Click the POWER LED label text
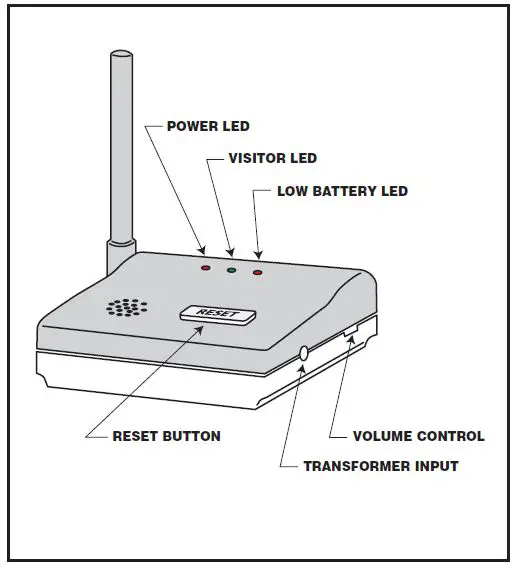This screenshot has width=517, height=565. coord(207,127)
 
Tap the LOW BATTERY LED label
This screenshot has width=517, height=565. coord(342,191)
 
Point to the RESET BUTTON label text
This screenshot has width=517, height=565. coord(166,436)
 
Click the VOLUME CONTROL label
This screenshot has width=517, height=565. coord(418,436)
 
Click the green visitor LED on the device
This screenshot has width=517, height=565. coord(232,269)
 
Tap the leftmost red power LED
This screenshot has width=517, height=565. coord(206,268)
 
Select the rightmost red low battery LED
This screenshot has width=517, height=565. coord(258,271)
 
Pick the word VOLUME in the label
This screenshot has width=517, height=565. coord(385,436)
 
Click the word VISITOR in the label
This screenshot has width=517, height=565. coord(254,158)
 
